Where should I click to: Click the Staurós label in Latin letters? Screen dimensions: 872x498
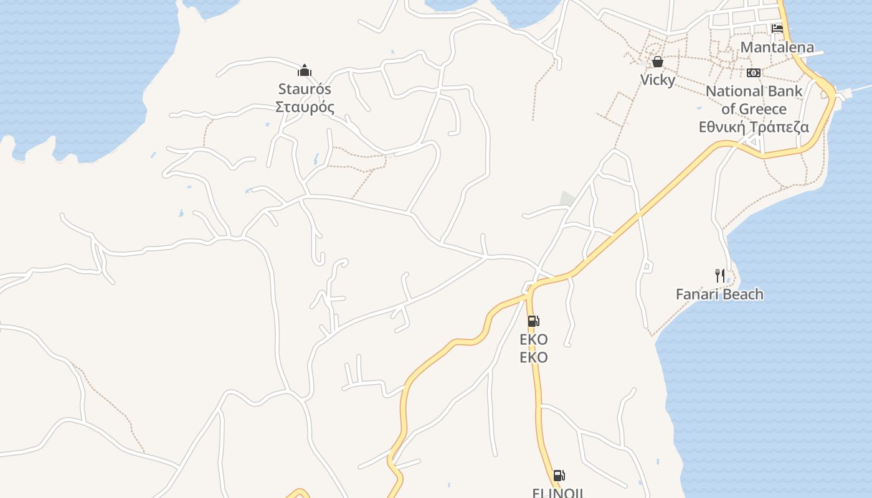tap(305, 89)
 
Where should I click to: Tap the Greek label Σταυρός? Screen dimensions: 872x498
tap(305, 107)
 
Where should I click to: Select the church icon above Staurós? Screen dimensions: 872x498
tap(305, 70)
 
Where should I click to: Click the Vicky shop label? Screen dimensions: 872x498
tap(658, 80)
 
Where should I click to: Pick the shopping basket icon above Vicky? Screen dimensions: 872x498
tap(658, 62)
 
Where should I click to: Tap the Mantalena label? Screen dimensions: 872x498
tap(777, 47)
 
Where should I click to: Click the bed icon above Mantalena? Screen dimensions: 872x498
tap(777, 29)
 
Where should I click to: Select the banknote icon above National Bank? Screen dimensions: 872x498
tap(754, 73)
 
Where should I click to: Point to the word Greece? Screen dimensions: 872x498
tap(762, 110)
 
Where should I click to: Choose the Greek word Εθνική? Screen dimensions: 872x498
tap(722, 127)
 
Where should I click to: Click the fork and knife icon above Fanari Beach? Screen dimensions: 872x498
tap(720, 276)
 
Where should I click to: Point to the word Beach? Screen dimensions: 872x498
tap(744, 294)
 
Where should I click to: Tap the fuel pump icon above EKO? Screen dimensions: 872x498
tap(533, 321)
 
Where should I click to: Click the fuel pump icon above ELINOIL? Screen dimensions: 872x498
tap(559, 476)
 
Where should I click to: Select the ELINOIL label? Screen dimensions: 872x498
tap(559, 492)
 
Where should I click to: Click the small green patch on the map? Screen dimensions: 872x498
tap(567, 199)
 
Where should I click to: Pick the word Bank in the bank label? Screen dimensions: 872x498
tap(786, 92)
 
